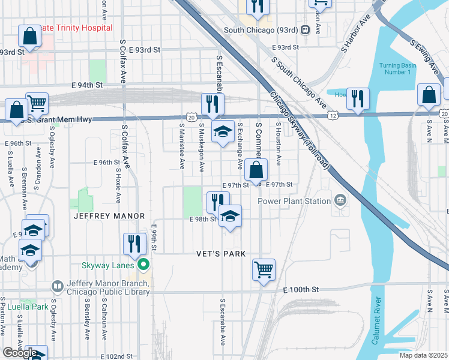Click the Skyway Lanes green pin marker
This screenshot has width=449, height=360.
click(143, 265)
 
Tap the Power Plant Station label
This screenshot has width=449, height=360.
click(294, 201)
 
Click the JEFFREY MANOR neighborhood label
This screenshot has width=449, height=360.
click(109, 215)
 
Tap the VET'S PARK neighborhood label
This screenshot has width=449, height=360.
click(221, 254)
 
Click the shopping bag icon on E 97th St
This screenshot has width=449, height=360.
click(256, 170)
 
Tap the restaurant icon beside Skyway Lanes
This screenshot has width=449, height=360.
click(134, 243)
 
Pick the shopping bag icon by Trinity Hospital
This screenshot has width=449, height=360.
click(29, 36)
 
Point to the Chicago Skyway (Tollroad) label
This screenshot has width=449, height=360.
click(298, 130)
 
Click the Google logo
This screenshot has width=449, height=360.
click(20, 353)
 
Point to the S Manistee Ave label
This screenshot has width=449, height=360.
click(181, 146)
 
